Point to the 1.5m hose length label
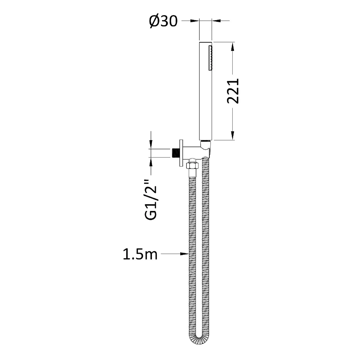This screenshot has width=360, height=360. (140, 255)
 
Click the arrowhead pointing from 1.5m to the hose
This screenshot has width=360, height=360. (185, 254)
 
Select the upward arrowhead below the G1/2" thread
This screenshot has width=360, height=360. (151, 161)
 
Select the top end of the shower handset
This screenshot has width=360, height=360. (206, 43)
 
